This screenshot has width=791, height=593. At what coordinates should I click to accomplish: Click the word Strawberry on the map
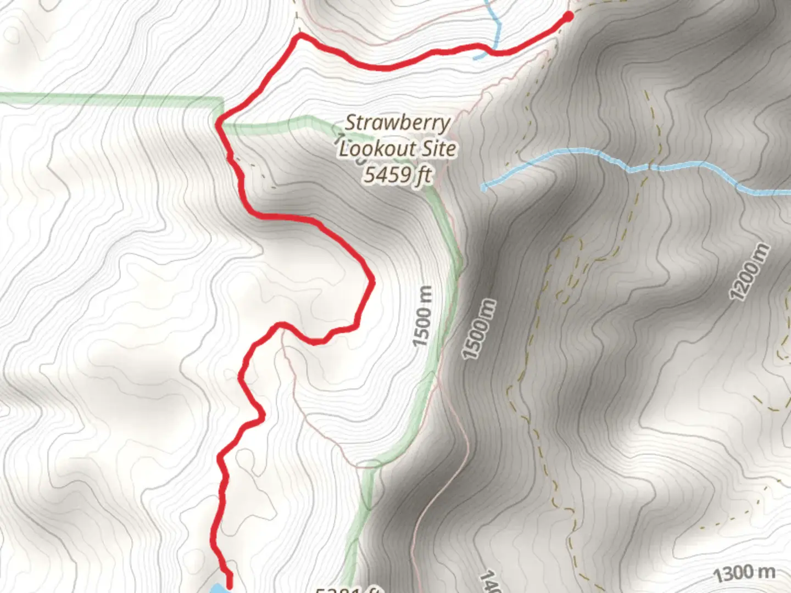397,122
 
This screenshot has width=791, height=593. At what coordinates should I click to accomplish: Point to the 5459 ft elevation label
397,175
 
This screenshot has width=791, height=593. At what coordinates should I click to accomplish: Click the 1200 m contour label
749,271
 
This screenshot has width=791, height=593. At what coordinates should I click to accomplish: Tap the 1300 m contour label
744,574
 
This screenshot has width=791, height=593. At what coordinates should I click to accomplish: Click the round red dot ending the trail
568,17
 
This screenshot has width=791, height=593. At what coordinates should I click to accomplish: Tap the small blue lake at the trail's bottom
219,589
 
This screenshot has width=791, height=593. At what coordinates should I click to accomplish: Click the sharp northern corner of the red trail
299,36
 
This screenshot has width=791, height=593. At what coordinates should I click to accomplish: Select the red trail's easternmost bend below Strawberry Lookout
372,281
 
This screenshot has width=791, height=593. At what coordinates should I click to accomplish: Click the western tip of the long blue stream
484,188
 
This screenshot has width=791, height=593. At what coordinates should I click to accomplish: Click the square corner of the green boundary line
222,100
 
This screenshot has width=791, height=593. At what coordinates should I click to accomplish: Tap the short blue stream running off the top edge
496,22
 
